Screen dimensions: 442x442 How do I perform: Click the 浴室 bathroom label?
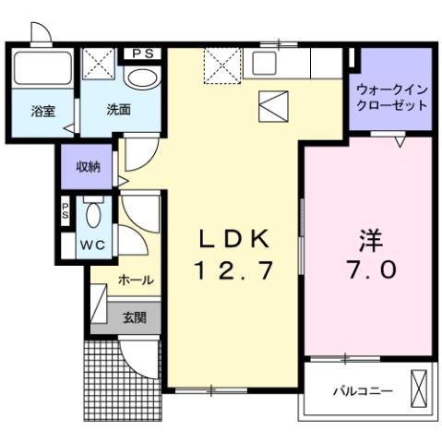(43, 112)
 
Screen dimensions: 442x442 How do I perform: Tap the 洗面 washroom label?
(118, 110)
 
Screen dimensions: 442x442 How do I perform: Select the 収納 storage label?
(89, 167)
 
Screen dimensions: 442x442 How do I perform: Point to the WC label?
(92, 245)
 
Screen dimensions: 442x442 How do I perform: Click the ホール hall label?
(136, 280)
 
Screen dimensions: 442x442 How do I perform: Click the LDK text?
(235, 239)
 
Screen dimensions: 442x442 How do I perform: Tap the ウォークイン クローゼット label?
(392, 98)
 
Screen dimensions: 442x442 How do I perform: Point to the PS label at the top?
(142, 54)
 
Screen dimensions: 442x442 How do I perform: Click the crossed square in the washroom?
(97, 66)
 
